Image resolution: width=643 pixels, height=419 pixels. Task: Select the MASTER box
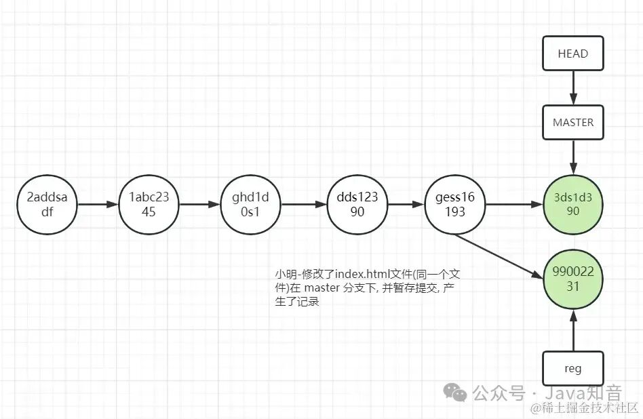573,123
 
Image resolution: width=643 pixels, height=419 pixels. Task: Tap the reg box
573,370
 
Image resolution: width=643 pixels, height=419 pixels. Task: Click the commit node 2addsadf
47,204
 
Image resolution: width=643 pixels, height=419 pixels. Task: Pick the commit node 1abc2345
149,204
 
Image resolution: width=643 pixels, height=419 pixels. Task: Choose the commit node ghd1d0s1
250,204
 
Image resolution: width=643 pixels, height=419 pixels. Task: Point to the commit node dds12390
357,204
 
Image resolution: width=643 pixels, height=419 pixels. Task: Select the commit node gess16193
455,204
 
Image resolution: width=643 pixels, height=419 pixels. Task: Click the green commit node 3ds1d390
573,204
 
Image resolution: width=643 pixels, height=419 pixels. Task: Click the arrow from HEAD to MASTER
573,88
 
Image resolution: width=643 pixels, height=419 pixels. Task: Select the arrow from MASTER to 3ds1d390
573,158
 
